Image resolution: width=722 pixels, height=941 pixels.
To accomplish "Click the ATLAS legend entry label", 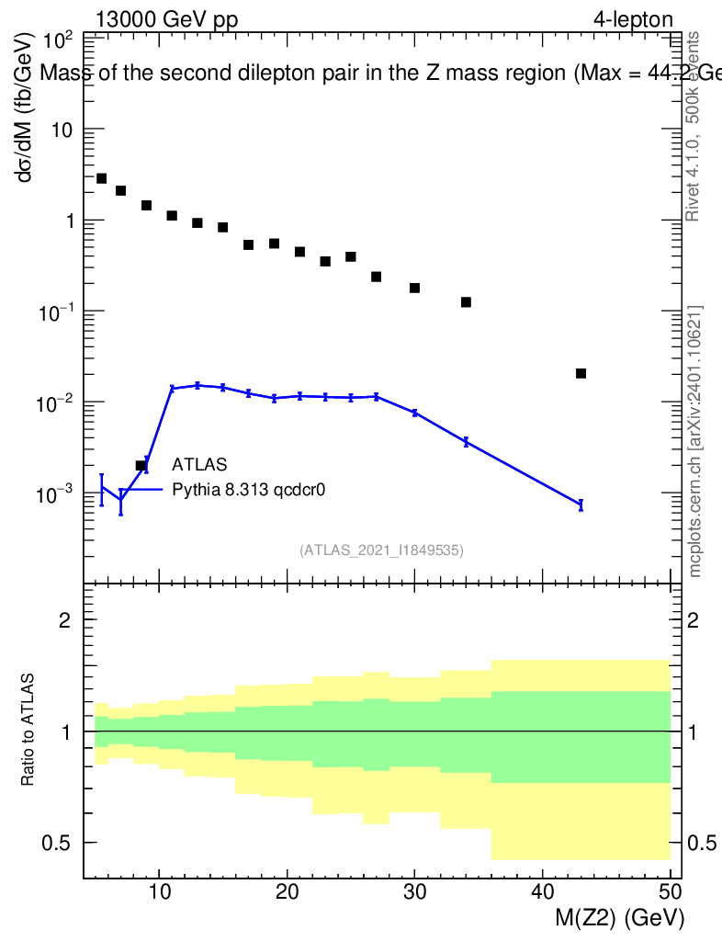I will pyautogui.click(x=199, y=464).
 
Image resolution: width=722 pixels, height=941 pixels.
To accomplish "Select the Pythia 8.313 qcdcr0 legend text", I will pyautogui.click(x=249, y=490).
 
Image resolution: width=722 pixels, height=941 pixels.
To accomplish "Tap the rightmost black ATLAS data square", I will pyautogui.click(x=581, y=373).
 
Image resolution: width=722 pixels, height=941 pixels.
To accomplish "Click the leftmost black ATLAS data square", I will pyautogui.click(x=102, y=178).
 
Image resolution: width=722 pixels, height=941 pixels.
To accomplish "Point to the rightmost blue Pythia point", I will pyautogui.click(x=581, y=504).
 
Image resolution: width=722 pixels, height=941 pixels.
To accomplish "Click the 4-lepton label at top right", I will pyautogui.click(x=633, y=19).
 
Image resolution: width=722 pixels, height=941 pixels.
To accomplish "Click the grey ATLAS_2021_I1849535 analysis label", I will pyautogui.click(x=381, y=550).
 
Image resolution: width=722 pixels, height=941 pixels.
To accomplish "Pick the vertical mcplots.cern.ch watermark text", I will pyautogui.click(x=695, y=441).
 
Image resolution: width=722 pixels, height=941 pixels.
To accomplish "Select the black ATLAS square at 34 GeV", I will pyautogui.click(x=466, y=302).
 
